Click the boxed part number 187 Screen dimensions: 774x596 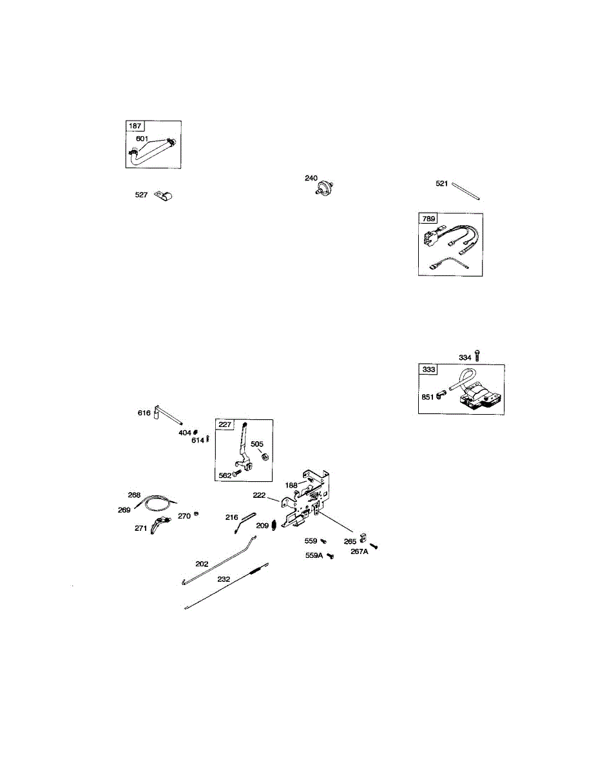(135, 126)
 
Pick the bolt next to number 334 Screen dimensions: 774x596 (477, 355)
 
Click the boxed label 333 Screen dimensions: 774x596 (428, 370)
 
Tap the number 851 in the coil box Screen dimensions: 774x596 (428, 397)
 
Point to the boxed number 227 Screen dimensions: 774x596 (226, 424)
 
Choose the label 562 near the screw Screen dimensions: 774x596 (225, 475)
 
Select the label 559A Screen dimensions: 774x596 (314, 555)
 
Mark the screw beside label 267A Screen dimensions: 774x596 (372, 546)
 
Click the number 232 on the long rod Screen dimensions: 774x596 (224, 579)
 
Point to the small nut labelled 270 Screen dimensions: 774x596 (197, 515)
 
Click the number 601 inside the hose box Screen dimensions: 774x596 (142, 139)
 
